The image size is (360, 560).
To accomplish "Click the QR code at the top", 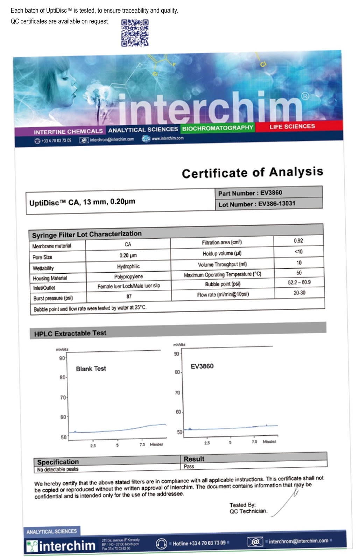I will click(135, 33).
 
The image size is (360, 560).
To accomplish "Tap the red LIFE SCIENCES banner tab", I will click(292, 126).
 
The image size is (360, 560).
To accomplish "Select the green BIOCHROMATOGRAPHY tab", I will click(217, 128).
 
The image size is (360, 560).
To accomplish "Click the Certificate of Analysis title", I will click(252, 173).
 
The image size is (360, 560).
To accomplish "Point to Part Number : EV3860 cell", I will click(250, 193).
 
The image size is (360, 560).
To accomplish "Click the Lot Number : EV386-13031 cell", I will click(257, 204).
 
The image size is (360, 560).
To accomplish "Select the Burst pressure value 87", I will click(129, 296).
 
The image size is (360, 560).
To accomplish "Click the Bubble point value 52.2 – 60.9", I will click(299, 282).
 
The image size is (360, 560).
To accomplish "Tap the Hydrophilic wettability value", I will click(128, 266).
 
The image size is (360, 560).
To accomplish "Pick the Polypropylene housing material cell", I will click(128, 276).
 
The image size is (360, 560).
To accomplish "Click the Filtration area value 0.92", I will click(298, 240).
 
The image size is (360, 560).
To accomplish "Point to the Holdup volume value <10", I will click(298, 251).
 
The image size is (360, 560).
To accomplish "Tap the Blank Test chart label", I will click(91, 369).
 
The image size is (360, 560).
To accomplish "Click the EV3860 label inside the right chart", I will click(202, 366).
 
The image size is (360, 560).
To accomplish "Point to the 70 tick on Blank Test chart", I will click(63, 398).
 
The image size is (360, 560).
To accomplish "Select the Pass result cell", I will click(189, 466).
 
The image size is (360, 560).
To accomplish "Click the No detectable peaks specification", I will click(58, 469).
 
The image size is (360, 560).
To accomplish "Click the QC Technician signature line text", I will click(248, 511).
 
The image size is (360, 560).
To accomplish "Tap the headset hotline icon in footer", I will click(161, 544).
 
